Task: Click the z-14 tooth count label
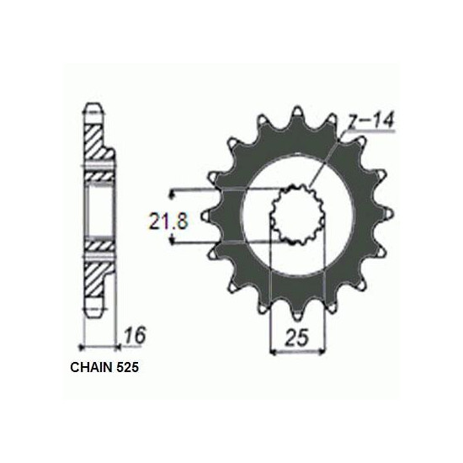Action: point(371,120)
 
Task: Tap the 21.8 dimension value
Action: point(168,221)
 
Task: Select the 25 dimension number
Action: point(296,337)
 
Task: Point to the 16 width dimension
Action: point(135,334)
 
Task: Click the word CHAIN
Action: point(92,368)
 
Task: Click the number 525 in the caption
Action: point(128,368)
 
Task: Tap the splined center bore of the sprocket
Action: point(298,214)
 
